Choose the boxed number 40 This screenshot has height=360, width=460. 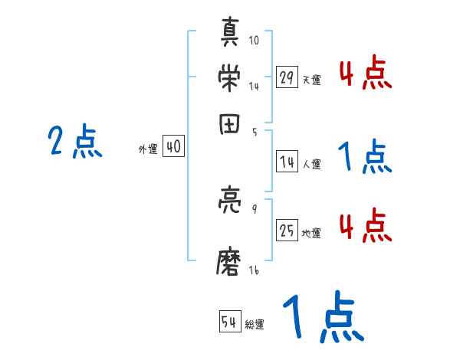(174, 148)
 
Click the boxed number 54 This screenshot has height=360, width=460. (228, 322)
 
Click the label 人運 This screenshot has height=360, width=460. (311, 164)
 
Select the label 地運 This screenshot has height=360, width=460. (311, 233)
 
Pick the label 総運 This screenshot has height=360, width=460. (254, 324)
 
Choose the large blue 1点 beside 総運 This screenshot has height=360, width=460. (322, 318)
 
